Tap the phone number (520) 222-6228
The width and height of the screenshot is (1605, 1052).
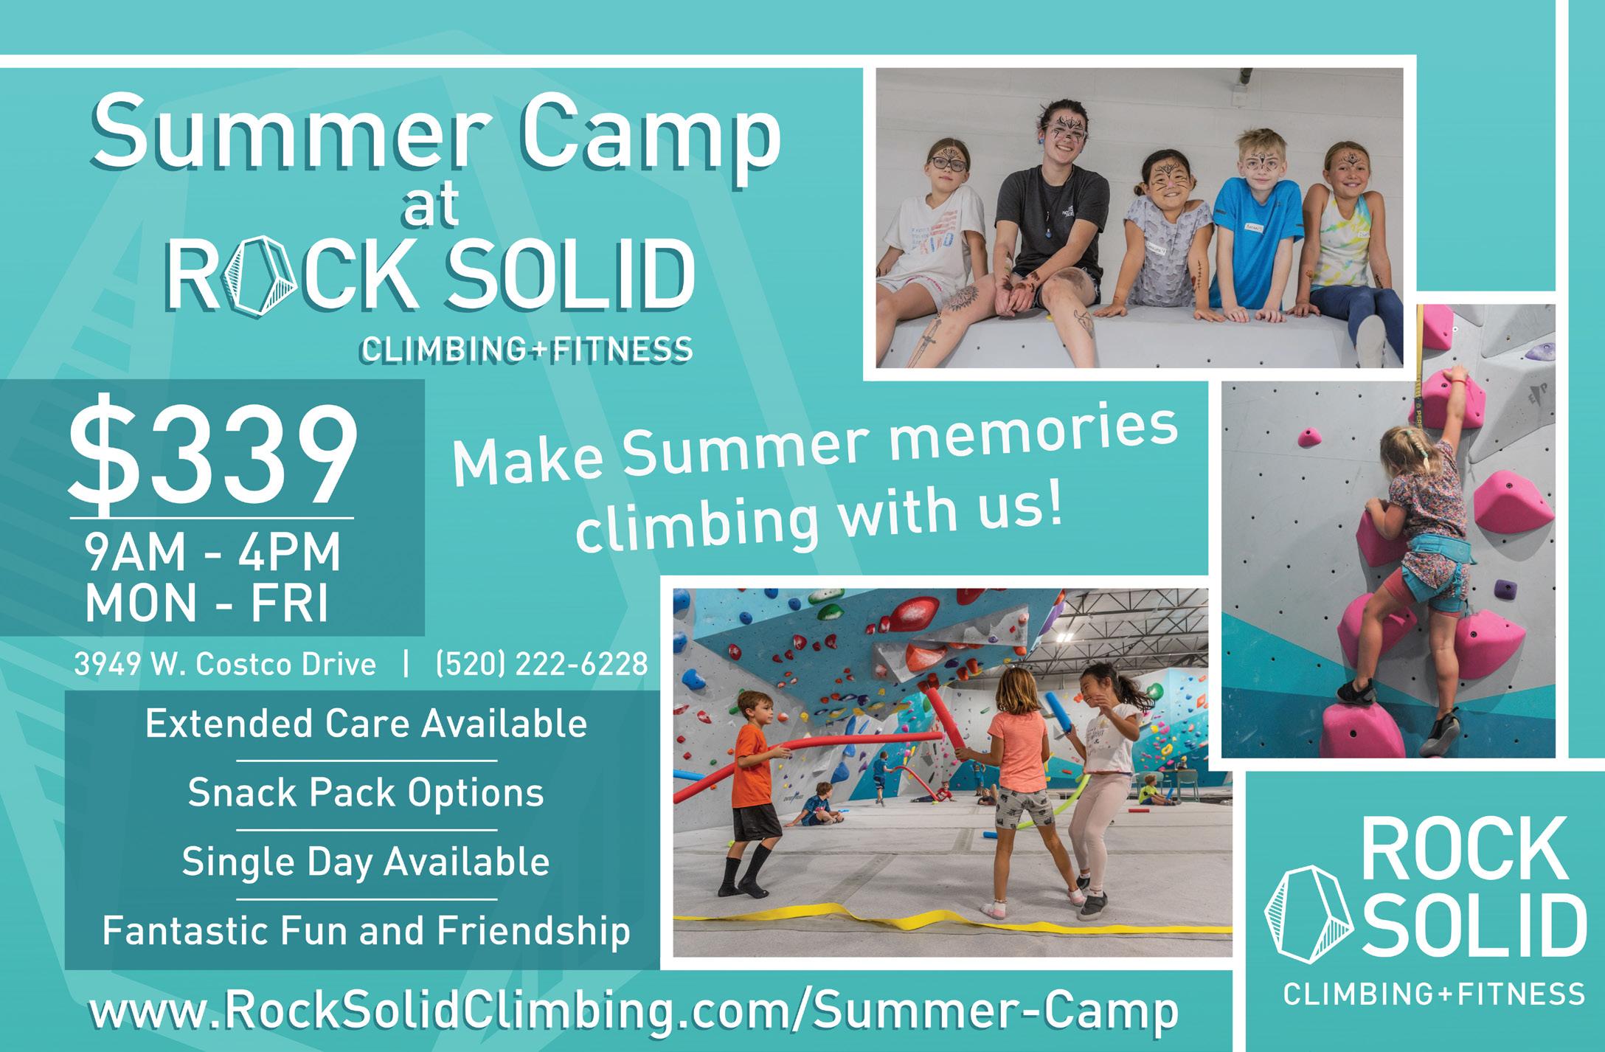(x=542, y=665)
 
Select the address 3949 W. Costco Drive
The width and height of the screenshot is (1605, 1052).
(x=225, y=665)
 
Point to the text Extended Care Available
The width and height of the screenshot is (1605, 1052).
(x=366, y=724)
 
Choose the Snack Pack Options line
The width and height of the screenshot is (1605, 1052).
(x=366, y=794)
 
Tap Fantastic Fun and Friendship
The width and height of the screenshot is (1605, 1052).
(x=366, y=931)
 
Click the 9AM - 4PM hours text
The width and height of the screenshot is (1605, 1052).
(x=212, y=553)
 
